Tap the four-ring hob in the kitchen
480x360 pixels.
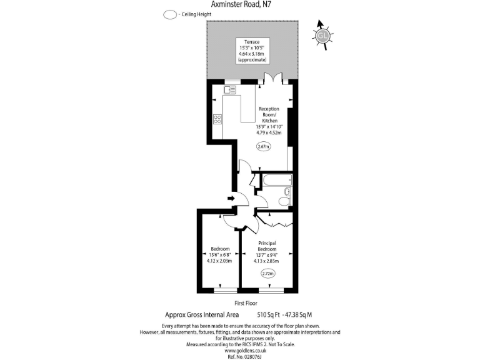(x=217, y=119)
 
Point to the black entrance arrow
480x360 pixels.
(x=230, y=199)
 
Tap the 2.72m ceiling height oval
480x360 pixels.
(x=267, y=272)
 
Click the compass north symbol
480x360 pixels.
(x=322, y=35)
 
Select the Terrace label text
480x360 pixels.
(x=252, y=42)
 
